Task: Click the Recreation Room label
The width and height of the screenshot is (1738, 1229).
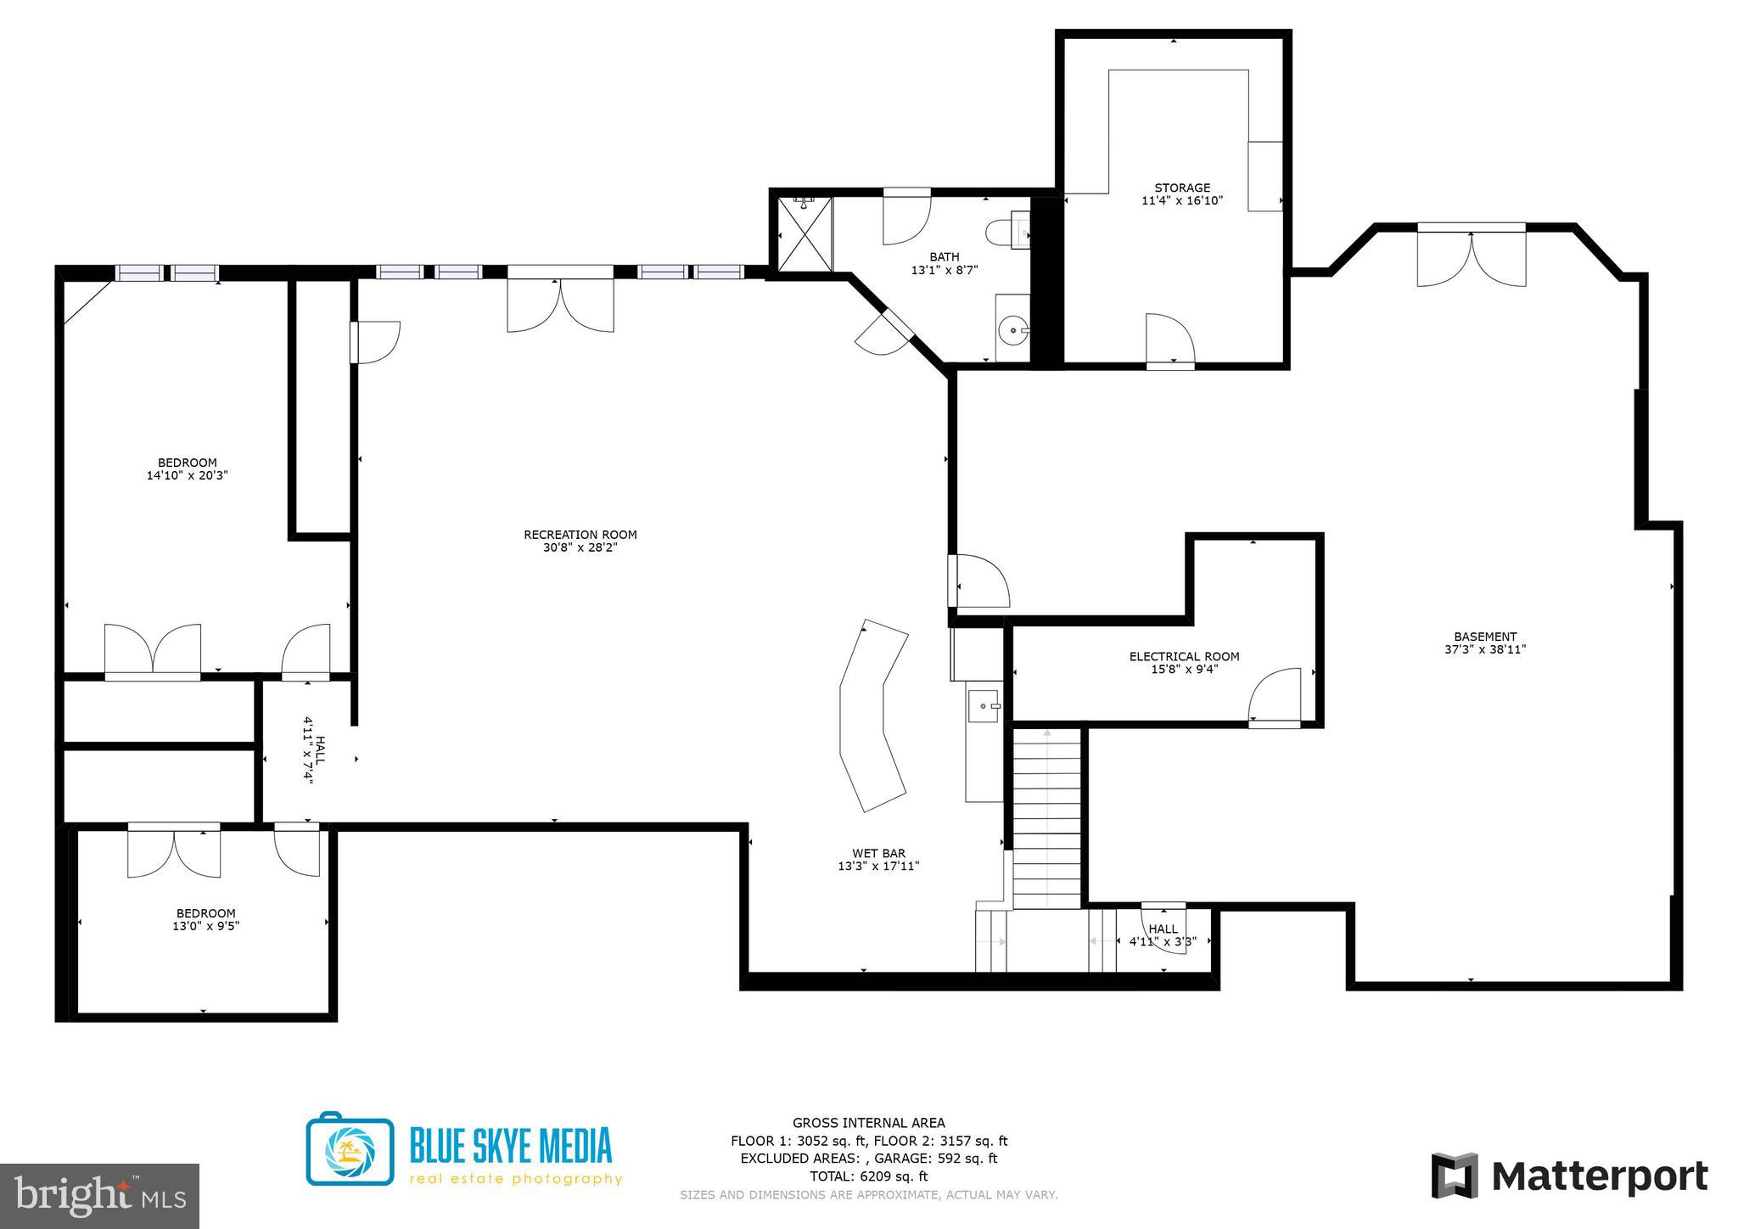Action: click(x=580, y=535)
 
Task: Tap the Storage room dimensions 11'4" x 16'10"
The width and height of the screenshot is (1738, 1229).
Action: click(x=1182, y=201)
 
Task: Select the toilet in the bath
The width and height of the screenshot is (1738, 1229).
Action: click(x=1006, y=232)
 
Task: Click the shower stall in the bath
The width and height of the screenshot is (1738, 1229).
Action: click(x=802, y=234)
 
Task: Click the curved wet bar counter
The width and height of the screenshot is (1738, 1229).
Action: click(x=872, y=715)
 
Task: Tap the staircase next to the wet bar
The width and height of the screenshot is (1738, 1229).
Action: click(x=1047, y=819)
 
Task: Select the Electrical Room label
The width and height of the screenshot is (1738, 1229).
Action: click(x=1184, y=656)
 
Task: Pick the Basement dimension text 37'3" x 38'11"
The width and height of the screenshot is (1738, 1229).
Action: click(x=1485, y=649)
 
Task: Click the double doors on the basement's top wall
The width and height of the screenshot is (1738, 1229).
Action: click(x=1472, y=256)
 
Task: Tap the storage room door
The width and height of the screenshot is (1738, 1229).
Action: click(x=1170, y=341)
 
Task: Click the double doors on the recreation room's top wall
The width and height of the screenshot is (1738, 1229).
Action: click(x=560, y=303)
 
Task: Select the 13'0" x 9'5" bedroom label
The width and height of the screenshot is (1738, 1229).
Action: click(x=205, y=920)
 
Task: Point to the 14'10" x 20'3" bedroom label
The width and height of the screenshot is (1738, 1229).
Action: click(x=187, y=469)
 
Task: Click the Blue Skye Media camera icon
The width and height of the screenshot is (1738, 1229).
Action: click(x=350, y=1149)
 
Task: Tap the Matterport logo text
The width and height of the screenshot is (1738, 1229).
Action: click(x=1599, y=1177)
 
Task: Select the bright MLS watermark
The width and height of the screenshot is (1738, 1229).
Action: click(x=99, y=1195)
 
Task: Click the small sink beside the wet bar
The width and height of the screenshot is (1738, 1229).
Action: click(x=984, y=704)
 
